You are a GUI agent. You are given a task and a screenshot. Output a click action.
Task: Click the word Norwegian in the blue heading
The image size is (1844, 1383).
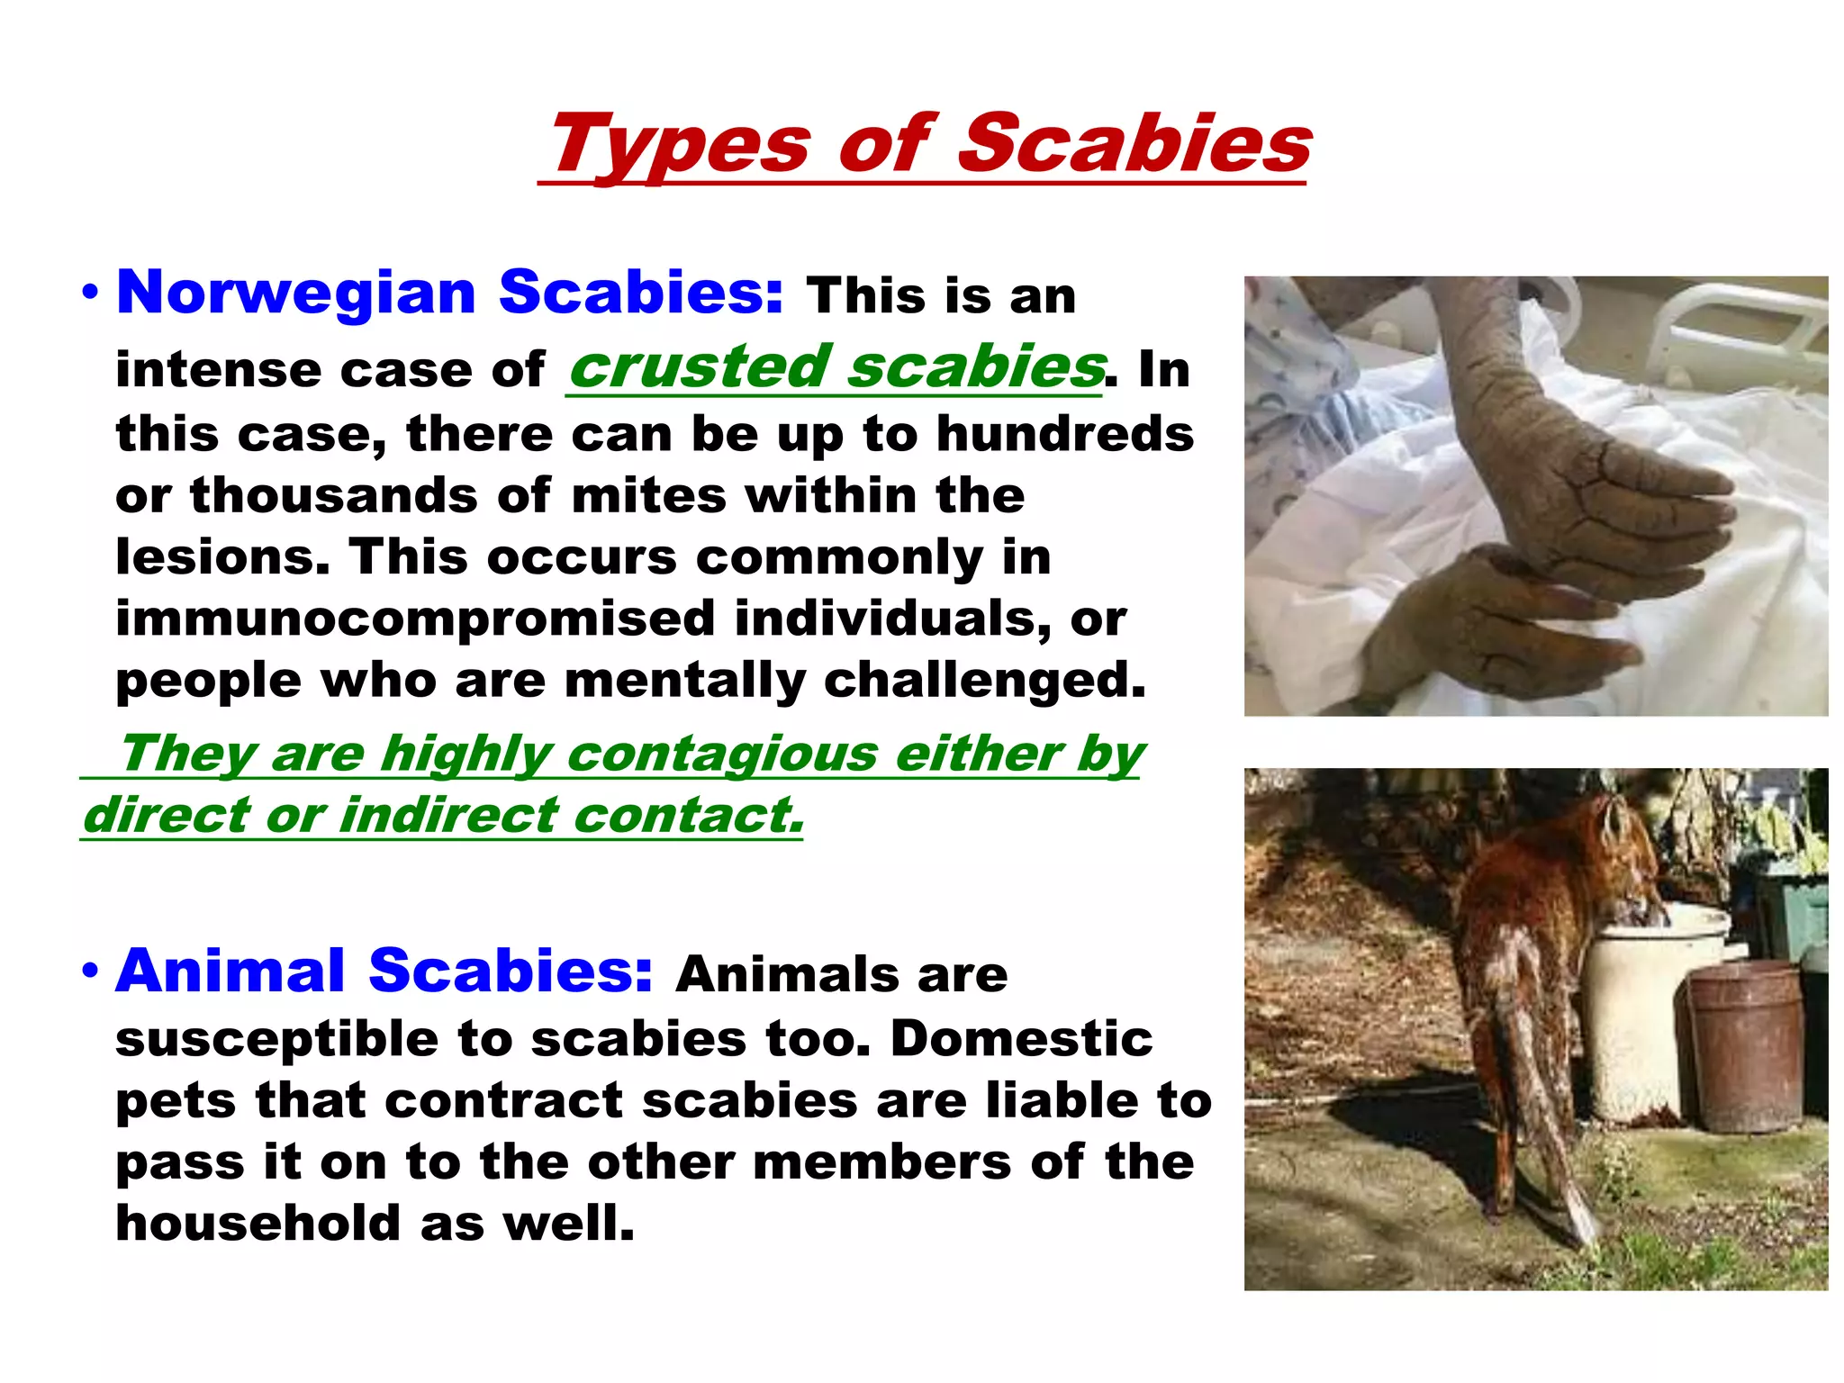(x=296, y=293)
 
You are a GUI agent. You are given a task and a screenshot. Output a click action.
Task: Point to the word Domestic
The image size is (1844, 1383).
(x=1021, y=1039)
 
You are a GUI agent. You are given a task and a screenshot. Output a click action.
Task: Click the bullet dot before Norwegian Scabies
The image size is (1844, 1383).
(x=89, y=293)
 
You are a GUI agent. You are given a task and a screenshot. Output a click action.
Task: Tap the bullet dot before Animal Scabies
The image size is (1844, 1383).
(x=89, y=972)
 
